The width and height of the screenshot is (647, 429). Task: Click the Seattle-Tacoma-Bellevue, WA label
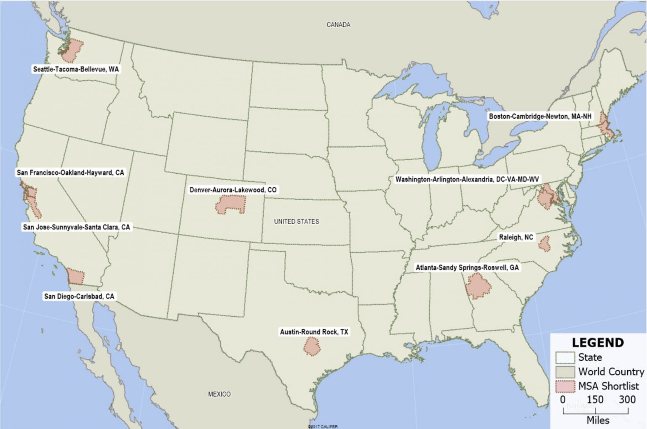coord(76,69)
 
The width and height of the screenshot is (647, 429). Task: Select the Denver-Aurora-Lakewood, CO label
coord(233,190)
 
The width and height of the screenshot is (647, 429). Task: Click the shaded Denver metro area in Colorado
coord(230,205)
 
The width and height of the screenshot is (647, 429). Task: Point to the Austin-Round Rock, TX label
coord(314,332)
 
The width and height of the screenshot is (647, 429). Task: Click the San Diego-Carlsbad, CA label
coord(79,296)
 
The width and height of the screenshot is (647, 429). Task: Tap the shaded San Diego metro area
coord(76,277)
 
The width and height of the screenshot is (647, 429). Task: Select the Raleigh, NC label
coord(516,237)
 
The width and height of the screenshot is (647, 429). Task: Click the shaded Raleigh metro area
coord(545,244)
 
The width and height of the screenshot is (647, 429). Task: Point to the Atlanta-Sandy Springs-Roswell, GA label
coord(467,267)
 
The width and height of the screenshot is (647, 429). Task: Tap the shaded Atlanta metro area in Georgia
coord(478,286)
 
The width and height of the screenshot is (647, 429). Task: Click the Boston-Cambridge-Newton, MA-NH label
coord(540,116)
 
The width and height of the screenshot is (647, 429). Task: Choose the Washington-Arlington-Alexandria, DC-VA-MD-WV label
coord(467,179)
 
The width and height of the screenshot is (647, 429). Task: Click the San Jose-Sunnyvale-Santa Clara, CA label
coord(76,227)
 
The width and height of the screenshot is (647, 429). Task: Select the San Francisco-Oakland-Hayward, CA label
coord(70,172)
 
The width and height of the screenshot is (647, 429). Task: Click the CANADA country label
coord(338,25)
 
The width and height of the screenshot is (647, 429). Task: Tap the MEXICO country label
coord(219,394)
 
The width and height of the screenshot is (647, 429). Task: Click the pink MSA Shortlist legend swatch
coord(565,386)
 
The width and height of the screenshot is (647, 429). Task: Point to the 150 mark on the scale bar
coord(595,400)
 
